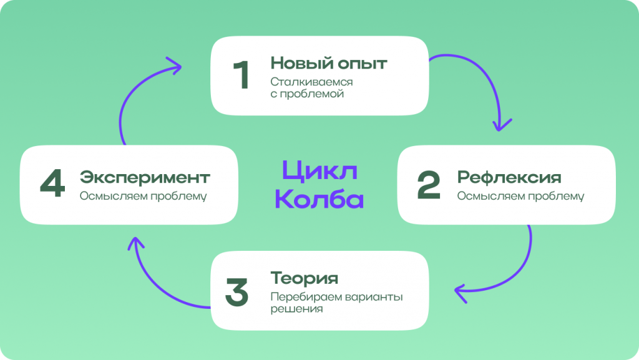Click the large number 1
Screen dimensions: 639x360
tap(241, 74)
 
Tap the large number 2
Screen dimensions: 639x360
tap(429, 185)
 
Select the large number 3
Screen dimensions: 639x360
tap(237, 292)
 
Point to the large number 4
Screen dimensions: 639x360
tap(52, 183)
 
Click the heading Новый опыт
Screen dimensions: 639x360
tap(329, 63)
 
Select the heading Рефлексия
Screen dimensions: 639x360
tap(509, 177)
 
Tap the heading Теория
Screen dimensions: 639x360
tap(305, 278)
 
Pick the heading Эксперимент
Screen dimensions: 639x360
tap(145, 177)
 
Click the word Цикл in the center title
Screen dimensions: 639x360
tap(320, 170)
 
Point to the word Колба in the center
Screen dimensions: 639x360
tap(319, 198)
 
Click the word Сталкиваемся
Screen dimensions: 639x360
tap(311, 82)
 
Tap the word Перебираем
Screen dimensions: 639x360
tap(300, 296)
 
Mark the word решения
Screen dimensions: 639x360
tap(296, 309)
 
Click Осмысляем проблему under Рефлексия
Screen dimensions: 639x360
tap(520, 196)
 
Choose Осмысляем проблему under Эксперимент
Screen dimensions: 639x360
tap(143, 196)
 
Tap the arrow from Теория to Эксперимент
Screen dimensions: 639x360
tap(155, 286)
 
